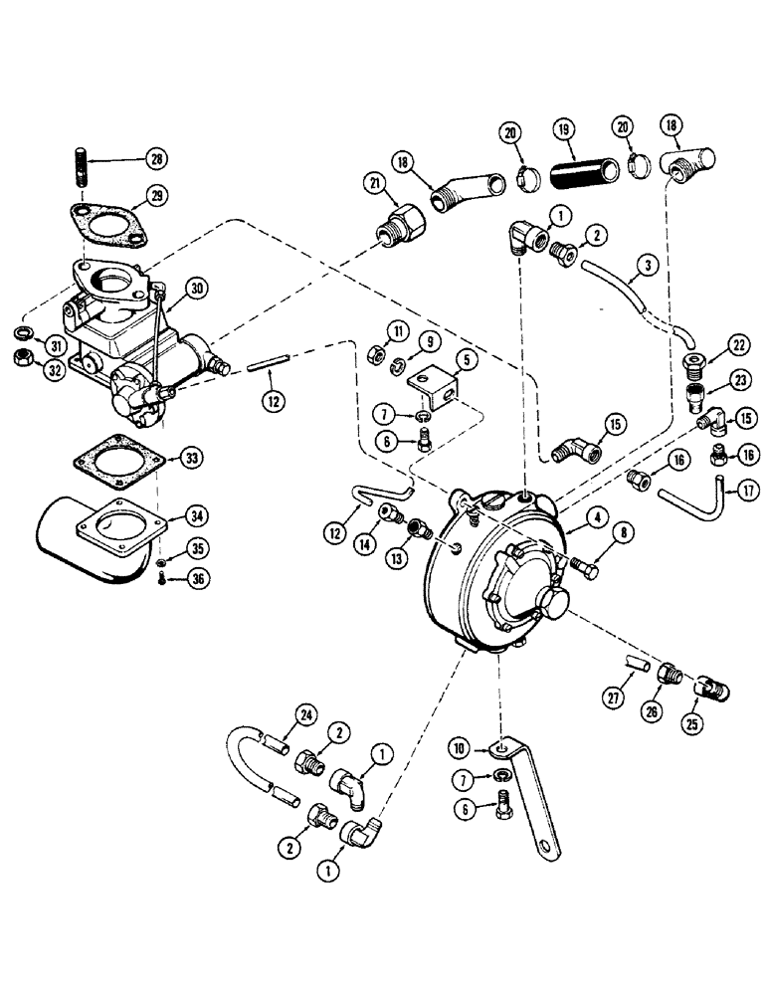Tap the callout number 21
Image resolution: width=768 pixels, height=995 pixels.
(375, 182)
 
